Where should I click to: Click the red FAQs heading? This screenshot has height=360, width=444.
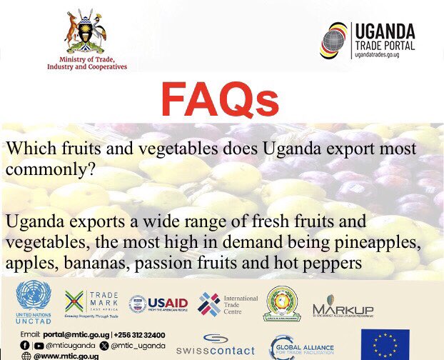tap(219, 100)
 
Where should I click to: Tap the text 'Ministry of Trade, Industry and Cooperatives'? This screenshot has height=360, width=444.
tap(86, 62)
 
